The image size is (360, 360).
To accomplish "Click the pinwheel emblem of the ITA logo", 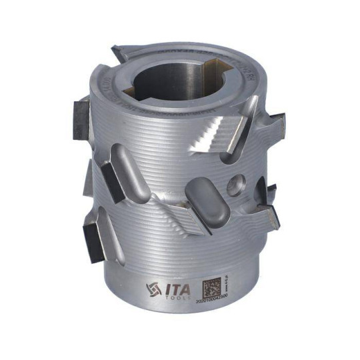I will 152,289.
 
